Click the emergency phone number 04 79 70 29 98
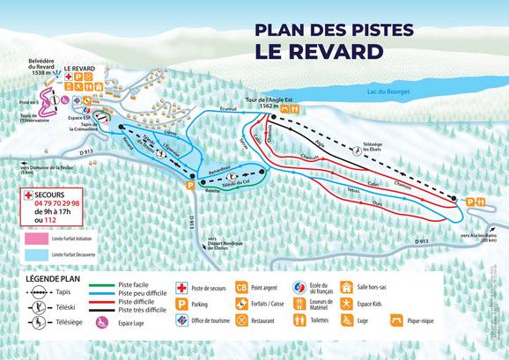56,203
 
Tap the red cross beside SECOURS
28,194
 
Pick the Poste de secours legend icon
182,288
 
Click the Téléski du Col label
232,181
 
